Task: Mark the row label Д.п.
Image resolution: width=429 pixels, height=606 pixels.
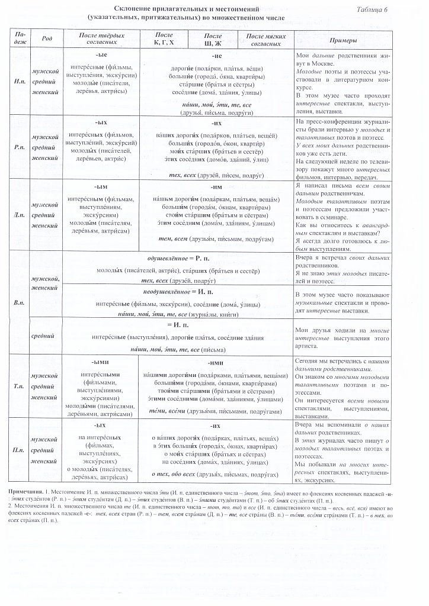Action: point(18,214)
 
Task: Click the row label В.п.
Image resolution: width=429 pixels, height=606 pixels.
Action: point(18,303)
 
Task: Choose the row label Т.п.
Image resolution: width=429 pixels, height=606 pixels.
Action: point(18,387)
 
